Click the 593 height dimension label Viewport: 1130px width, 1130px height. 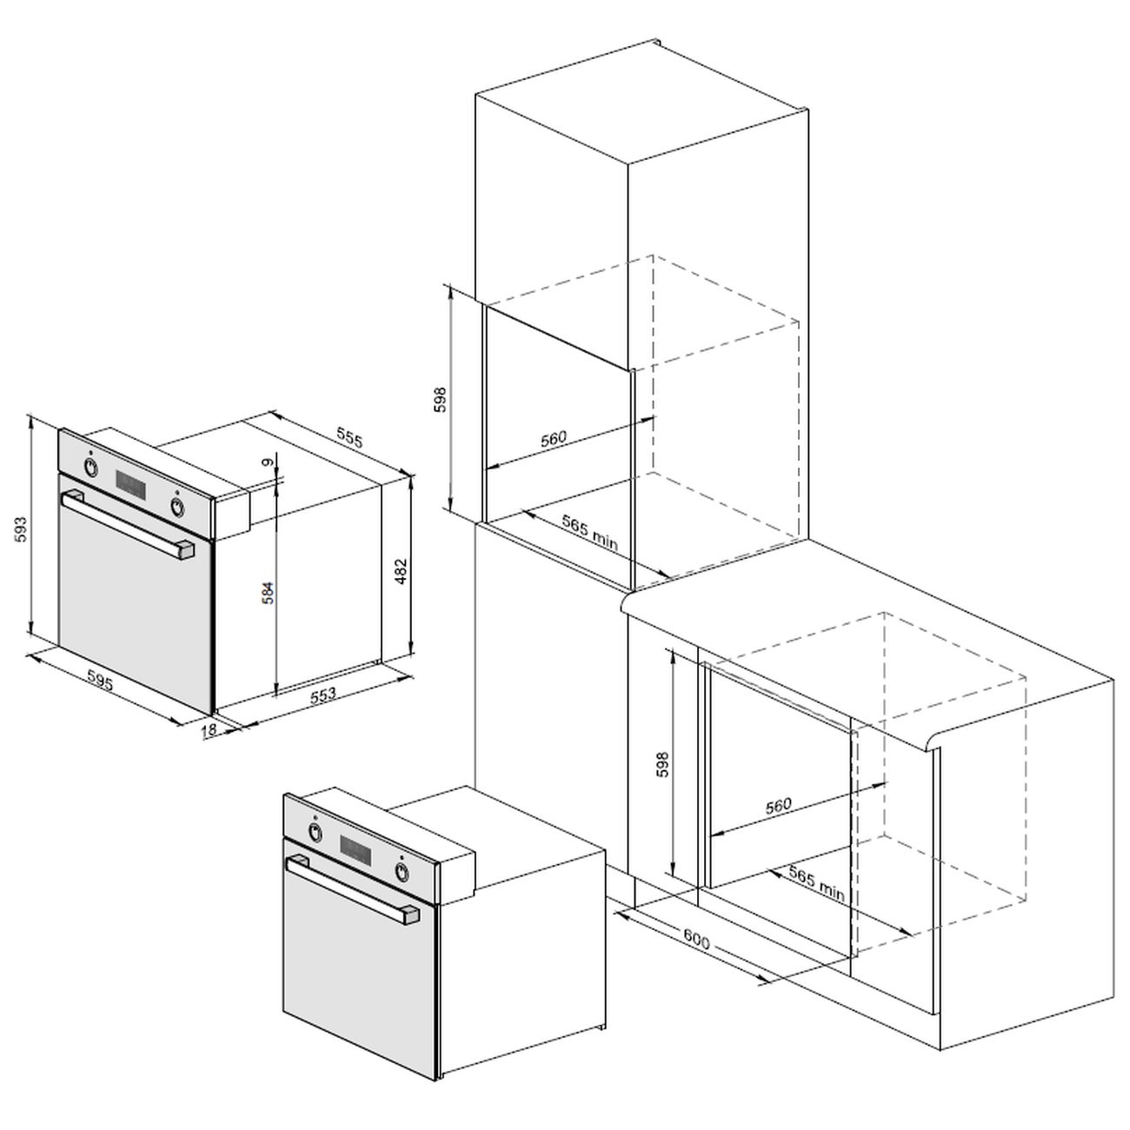[x=21, y=529]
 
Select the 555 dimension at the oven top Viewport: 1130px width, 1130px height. [x=349, y=439]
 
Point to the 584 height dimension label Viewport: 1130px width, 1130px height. [x=268, y=593]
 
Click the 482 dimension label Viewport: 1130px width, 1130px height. [x=401, y=570]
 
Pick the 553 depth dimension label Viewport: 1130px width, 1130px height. [x=322, y=695]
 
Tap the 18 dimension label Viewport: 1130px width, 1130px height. [x=208, y=730]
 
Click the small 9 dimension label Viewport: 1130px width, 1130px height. [x=268, y=462]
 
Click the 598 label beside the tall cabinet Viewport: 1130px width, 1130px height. [x=441, y=399]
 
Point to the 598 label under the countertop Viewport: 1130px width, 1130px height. [x=662, y=764]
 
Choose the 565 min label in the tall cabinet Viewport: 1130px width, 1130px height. [x=590, y=533]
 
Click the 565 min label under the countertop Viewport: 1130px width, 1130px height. [x=816, y=884]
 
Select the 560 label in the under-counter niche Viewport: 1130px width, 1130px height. [x=778, y=805]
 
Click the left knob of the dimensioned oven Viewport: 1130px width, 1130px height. [x=90, y=467]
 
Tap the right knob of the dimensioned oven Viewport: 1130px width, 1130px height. [x=177, y=506]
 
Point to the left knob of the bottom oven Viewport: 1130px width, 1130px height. [x=316, y=832]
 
